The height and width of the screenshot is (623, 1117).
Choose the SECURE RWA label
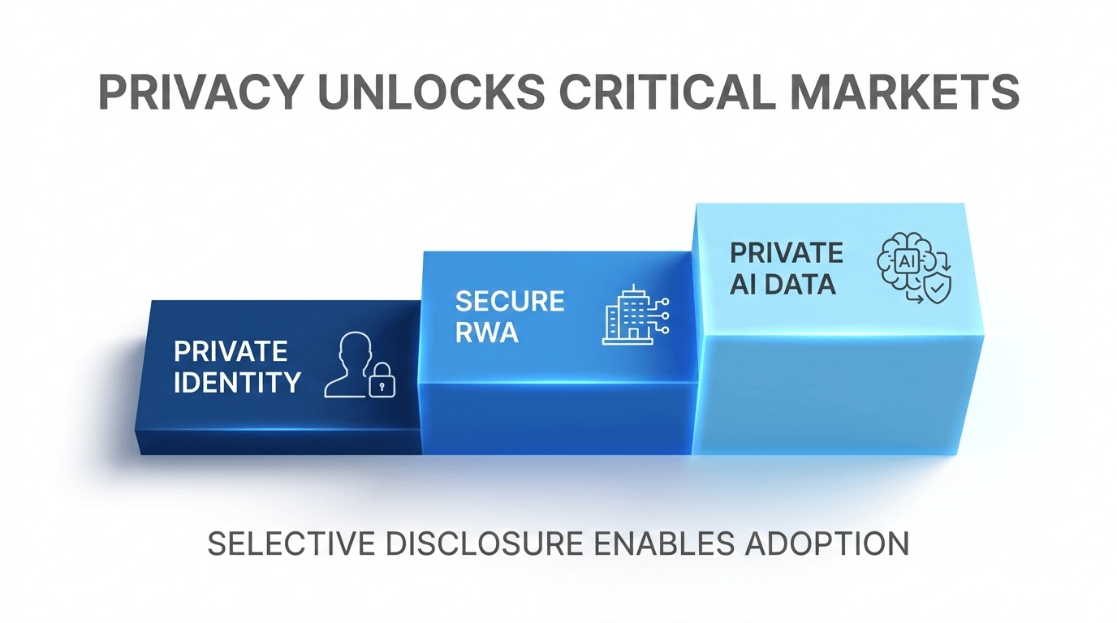[509, 316]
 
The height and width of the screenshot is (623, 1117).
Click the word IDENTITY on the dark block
[237, 381]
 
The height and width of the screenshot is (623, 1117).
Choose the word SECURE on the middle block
[509, 301]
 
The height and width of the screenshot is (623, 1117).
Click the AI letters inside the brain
[904, 260]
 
